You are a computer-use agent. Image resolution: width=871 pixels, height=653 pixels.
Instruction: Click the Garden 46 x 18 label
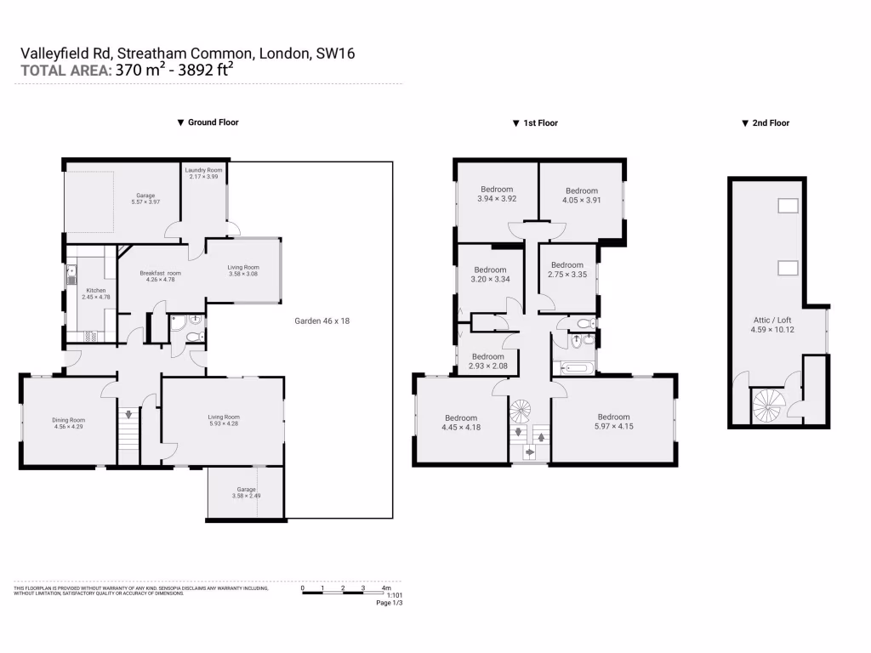click(x=322, y=321)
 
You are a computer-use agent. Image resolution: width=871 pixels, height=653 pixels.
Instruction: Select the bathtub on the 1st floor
click(x=574, y=369)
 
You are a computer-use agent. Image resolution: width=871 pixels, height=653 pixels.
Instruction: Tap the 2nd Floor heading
click(x=771, y=123)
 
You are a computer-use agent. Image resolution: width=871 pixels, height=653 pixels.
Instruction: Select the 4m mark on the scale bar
click(x=385, y=588)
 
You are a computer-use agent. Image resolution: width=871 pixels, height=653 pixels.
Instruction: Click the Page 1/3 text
click(x=389, y=603)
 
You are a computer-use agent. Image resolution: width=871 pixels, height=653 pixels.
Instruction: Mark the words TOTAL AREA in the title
click(x=65, y=71)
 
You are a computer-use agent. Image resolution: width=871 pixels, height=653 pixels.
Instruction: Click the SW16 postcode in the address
click(x=335, y=54)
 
